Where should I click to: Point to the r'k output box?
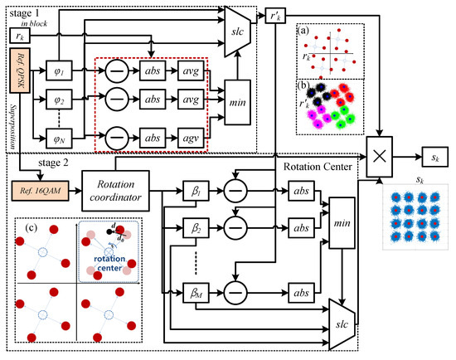tap(276, 17)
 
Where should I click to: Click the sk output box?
tap(430, 156)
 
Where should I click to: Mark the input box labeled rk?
tap(17, 36)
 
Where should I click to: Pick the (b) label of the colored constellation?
tap(304, 87)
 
